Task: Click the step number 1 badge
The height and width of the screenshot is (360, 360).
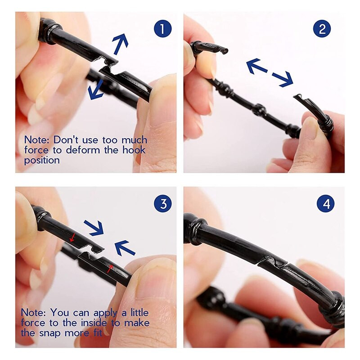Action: pyautogui.click(x=163, y=29)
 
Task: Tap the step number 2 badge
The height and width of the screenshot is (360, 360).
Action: pyautogui.click(x=322, y=29)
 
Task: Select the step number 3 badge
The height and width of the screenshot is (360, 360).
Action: pyautogui.click(x=163, y=203)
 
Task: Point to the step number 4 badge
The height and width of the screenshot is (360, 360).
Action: pyautogui.click(x=326, y=203)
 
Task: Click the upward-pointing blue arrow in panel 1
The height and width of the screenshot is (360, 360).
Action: pyautogui.click(x=120, y=44)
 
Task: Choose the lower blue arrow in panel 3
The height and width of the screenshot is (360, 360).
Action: pyautogui.click(x=125, y=248)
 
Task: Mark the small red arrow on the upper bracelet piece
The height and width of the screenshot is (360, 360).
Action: pyautogui.click(x=72, y=238)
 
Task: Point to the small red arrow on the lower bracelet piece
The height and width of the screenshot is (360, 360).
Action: pyautogui.click(x=110, y=269)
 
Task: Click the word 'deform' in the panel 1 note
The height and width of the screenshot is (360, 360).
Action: pyautogui.click(x=83, y=150)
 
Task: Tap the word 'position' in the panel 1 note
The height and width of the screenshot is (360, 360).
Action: pyautogui.click(x=42, y=161)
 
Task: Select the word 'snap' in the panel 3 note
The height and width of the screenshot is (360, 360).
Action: pyautogui.click(x=51, y=333)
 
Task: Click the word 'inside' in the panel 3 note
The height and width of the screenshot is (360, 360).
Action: pyautogui.click(x=94, y=323)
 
